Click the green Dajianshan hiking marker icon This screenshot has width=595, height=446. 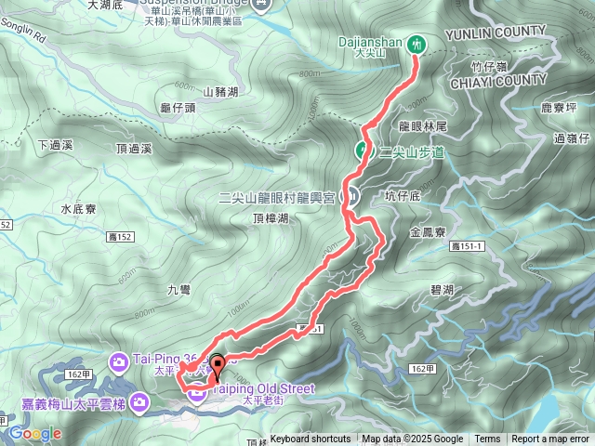pyautogui.click(x=417, y=43)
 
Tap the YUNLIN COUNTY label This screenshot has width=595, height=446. pyautogui.click(x=495, y=33)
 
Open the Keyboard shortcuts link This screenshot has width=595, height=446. pyautogui.click(x=310, y=439)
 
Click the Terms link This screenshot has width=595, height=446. pyautogui.click(x=487, y=439)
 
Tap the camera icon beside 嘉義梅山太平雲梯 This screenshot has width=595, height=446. pyautogui.click(x=139, y=402)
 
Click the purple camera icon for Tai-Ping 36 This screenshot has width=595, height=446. pyautogui.click(x=120, y=361)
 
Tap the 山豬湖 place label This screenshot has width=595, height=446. pyautogui.click(x=220, y=92)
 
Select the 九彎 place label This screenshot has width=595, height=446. pyautogui.click(x=179, y=289)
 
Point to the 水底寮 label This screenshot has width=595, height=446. pyautogui.click(x=79, y=209)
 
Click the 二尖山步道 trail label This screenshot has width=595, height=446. pyautogui.click(x=413, y=151)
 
